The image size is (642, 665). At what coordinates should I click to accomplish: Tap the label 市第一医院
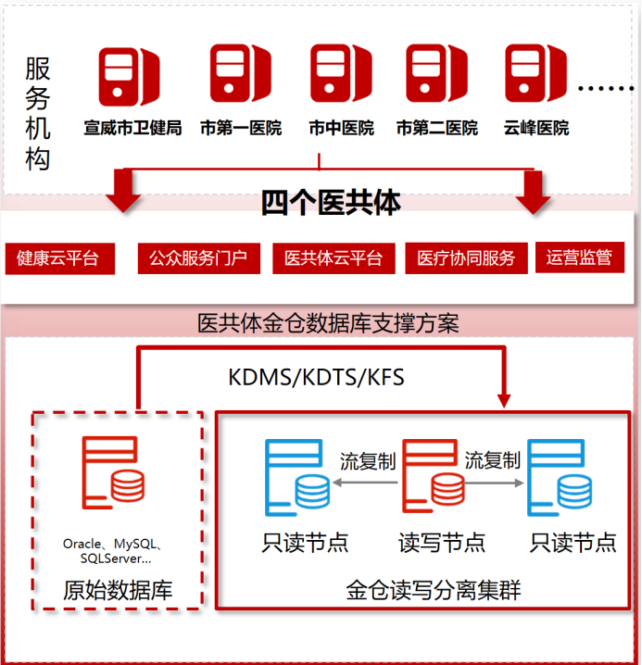click(240, 128)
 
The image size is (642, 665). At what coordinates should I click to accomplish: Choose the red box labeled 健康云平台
click(58, 258)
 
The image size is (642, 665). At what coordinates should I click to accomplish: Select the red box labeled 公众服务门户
click(198, 258)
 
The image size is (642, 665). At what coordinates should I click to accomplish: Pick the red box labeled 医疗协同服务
click(466, 258)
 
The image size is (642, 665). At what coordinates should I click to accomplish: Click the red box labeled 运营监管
click(579, 257)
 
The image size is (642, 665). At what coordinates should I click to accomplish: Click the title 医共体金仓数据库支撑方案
click(329, 323)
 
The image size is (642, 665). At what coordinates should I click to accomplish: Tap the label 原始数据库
click(118, 590)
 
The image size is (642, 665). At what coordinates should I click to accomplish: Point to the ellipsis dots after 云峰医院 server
click(604, 90)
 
